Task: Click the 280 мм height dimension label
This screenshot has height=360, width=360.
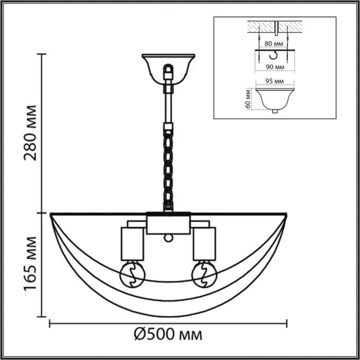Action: coord(31,133)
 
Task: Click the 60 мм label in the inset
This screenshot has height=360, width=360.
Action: coord(248,98)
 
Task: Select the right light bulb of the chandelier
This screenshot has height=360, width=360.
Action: coord(203,274)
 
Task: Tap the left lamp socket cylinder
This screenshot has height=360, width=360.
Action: coord(132,243)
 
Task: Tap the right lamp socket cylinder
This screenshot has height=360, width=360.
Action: coord(204,243)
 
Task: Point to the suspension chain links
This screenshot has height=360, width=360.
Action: coord(168,170)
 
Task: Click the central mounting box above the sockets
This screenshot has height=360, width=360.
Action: coord(168,223)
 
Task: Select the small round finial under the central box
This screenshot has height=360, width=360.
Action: coord(168,238)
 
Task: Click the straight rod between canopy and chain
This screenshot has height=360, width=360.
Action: coord(168,105)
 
